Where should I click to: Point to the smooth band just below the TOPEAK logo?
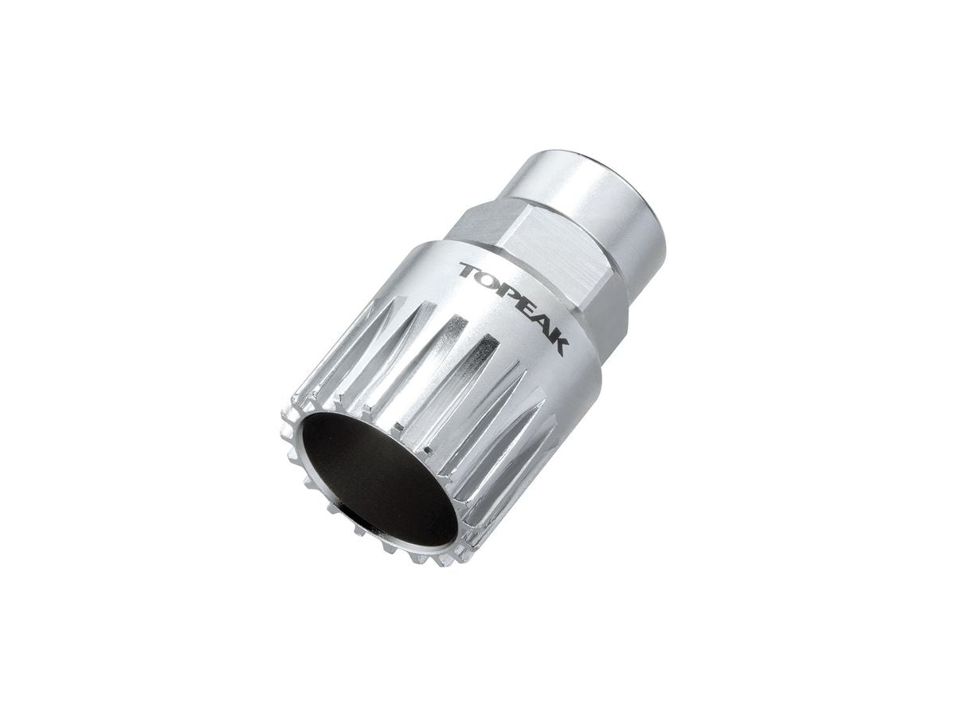click(x=550, y=374)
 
